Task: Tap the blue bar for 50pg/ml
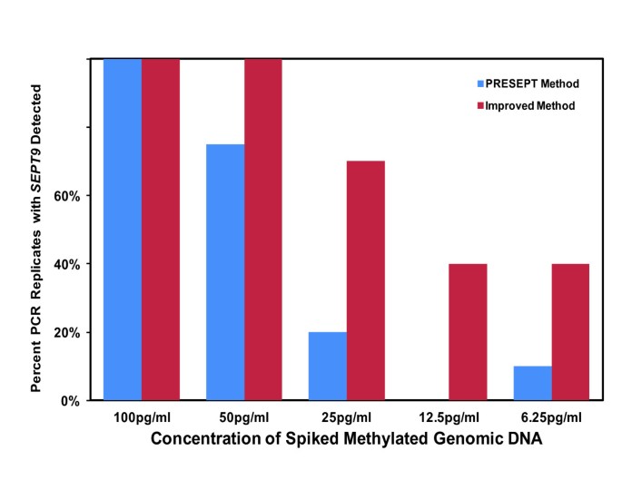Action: (225, 272)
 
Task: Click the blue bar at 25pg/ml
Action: (328, 366)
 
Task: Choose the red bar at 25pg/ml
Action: (366, 280)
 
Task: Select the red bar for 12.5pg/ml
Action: (468, 332)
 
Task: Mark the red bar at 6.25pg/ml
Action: (570, 332)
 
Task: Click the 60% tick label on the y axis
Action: (70, 196)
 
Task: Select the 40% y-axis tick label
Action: (70, 264)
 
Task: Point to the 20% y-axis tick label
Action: (70, 332)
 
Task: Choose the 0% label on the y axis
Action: (74, 400)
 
